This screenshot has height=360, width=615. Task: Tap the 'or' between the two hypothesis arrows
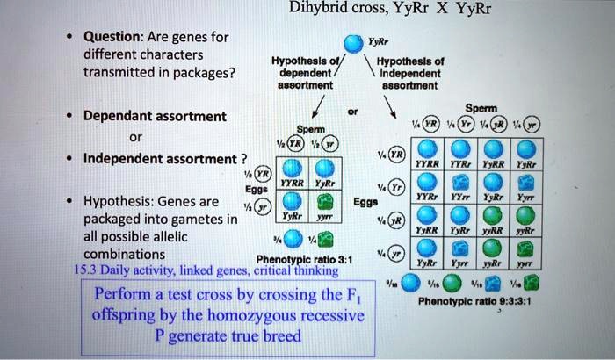tap(352, 112)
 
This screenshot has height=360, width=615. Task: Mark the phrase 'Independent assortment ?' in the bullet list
tap(165, 158)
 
